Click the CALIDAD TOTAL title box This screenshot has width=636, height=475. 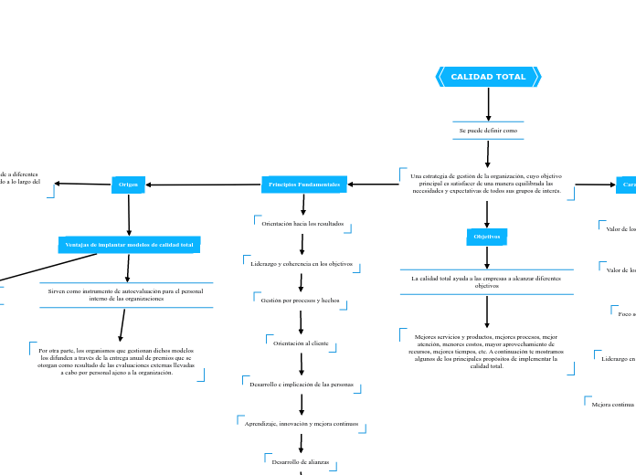pyautogui.click(x=488, y=77)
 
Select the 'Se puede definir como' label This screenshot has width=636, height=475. pyautogui.click(x=488, y=131)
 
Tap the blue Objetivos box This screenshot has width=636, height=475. pyautogui.click(x=487, y=237)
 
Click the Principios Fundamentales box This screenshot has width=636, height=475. pyautogui.click(x=304, y=185)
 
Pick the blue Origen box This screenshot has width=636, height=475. pyautogui.click(x=127, y=185)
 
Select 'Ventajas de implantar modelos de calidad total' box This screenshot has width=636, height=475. pyautogui.click(x=129, y=245)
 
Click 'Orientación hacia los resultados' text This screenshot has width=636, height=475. pyautogui.click(x=302, y=223)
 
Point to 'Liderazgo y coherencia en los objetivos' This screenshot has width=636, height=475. pyautogui.click(x=302, y=263)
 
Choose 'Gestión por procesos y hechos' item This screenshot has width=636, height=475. pyautogui.click(x=300, y=300)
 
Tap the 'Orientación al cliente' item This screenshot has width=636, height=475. pyautogui.click(x=301, y=343)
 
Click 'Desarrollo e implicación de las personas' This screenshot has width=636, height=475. pyautogui.click(x=302, y=385)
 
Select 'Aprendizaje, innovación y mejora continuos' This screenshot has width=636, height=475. pyautogui.click(x=302, y=424)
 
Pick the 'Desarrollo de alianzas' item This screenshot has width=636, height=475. pyautogui.click(x=301, y=462)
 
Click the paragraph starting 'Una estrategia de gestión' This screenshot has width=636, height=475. pyautogui.click(x=486, y=183)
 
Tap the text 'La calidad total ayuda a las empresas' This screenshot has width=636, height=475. pyautogui.click(x=486, y=281)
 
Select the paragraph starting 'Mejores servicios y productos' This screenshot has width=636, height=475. pyautogui.click(x=487, y=351)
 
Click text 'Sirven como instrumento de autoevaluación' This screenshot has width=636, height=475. pyautogui.click(x=126, y=294)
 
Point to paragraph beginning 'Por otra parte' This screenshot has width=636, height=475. pyautogui.click(x=116, y=361)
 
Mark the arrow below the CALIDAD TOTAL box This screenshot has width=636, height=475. pyautogui.click(x=488, y=103)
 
